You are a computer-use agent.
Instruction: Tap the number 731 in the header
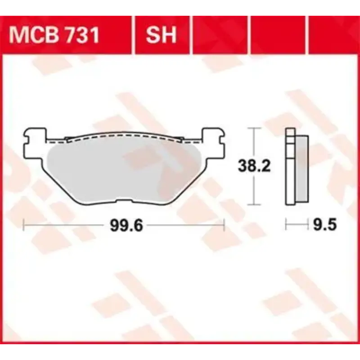click(x=81, y=35)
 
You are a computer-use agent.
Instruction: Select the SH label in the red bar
click(x=161, y=35)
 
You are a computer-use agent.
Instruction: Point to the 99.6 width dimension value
click(x=126, y=225)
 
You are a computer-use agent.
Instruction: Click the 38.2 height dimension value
click(x=254, y=167)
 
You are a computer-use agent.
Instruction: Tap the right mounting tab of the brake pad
click(x=214, y=137)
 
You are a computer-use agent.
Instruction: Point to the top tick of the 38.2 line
click(x=255, y=129)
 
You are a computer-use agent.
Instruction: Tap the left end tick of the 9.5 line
click(x=286, y=224)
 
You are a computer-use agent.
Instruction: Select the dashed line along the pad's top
click(x=124, y=134)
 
